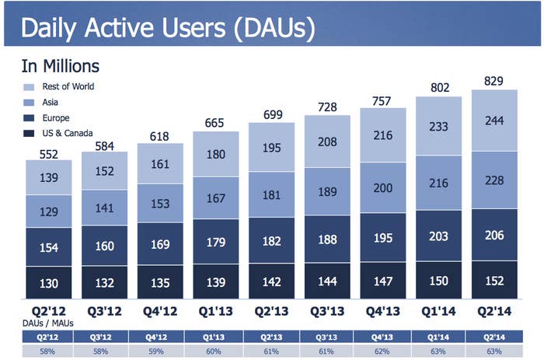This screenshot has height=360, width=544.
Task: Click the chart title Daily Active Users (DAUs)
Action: (169, 28)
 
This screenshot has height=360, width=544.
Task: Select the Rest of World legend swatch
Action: (29, 87)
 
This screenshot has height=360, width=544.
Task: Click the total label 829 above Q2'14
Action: (493, 81)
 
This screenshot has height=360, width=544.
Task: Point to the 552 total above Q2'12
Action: (48, 154)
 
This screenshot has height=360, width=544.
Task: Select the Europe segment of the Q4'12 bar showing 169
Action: (160, 243)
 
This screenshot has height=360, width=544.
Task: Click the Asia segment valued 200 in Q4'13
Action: (382, 188)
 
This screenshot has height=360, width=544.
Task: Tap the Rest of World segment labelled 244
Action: (494, 121)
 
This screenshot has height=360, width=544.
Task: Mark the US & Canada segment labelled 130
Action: (49, 282)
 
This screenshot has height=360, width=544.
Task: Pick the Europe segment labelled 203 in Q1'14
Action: (438, 236)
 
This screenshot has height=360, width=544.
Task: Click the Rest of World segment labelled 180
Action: (216, 154)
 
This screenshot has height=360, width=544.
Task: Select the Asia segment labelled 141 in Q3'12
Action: (104, 208)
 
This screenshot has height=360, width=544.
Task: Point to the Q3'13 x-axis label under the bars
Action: (327, 311)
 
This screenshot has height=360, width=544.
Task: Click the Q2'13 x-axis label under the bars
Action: (271, 311)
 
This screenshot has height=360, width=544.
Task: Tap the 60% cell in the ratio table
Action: (214, 351)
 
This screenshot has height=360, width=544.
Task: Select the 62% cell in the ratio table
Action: (382, 351)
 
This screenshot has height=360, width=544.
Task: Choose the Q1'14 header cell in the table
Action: (438, 337)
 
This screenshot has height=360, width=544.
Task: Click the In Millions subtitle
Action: (61, 66)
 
